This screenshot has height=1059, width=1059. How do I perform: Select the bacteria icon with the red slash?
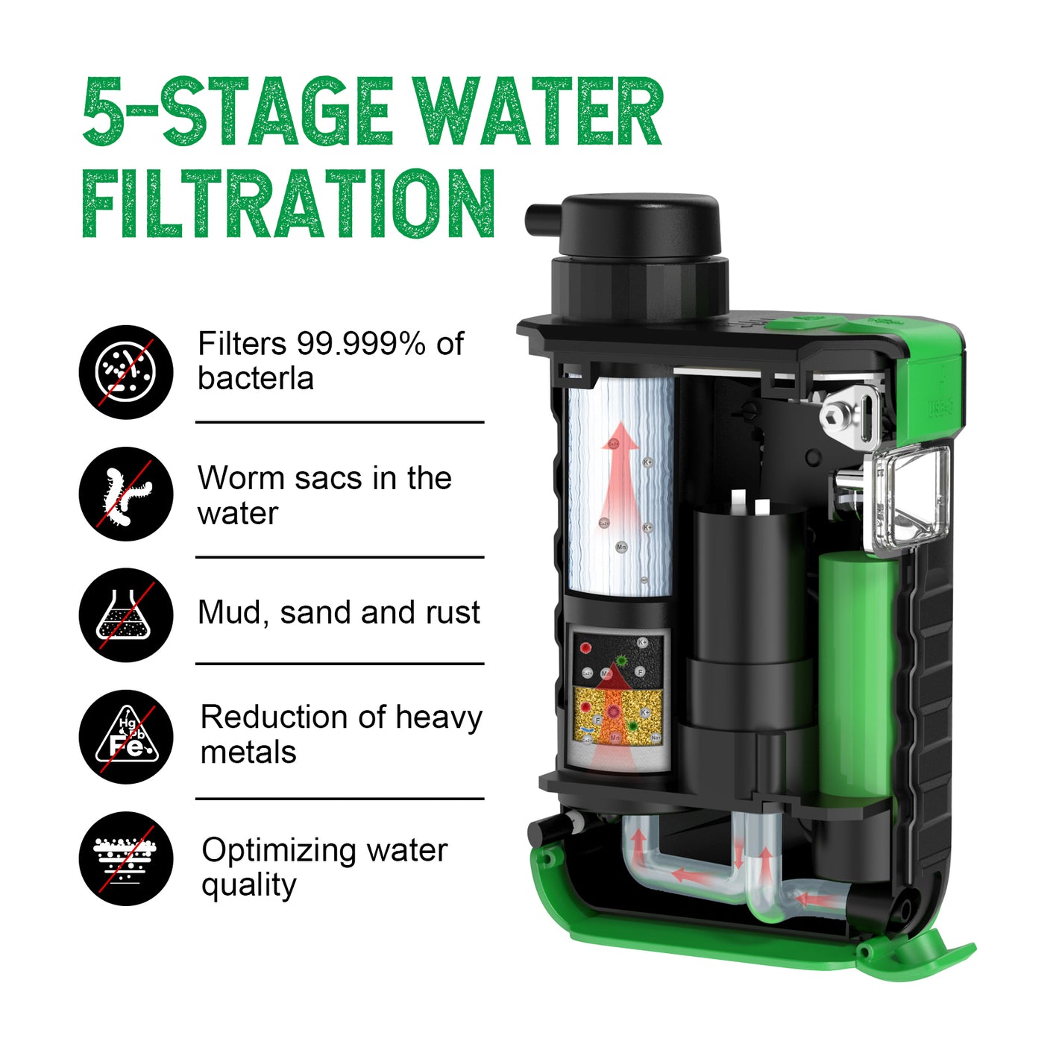pyautogui.click(x=126, y=372)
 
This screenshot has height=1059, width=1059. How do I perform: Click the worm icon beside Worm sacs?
pyautogui.click(x=126, y=494)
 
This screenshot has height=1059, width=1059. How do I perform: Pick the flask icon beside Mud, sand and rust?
pyautogui.click(x=126, y=615)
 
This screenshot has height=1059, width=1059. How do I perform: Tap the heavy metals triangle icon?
pyautogui.click(x=126, y=736)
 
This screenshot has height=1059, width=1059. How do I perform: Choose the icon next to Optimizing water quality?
pyautogui.click(x=126, y=858)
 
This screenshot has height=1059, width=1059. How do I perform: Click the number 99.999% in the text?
pyautogui.click(x=361, y=344)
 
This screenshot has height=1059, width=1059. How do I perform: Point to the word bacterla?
pyautogui.click(x=256, y=379)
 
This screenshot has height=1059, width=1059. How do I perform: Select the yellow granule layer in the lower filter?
pyautogui.click(x=618, y=715)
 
